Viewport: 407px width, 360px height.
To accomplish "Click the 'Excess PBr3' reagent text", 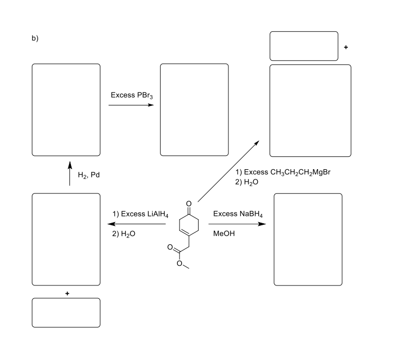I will tap(129, 96).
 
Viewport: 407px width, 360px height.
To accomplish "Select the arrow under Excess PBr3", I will tap(131, 105).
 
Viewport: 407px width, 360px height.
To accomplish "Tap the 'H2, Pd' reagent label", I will tap(89, 175).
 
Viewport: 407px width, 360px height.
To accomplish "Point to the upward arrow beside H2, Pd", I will tap(70, 174).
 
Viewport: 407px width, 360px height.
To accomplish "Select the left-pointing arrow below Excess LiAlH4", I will tap(136, 224).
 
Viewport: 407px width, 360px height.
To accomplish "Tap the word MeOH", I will tap(223, 234).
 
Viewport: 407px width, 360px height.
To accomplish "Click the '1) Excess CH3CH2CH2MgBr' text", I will tap(282, 172).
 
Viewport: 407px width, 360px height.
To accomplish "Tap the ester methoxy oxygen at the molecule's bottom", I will tap(179, 264).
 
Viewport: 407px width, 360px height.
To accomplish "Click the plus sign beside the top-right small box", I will tap(346, 47).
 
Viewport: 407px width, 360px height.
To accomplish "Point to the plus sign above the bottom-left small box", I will tap(66, 293).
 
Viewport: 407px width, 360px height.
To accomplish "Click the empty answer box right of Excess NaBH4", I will tap(308, 239).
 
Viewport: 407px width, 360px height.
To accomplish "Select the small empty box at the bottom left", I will tap(66, 312).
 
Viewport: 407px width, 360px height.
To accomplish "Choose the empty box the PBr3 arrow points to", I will tap(194, 110).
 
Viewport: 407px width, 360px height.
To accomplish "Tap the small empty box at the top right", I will tap(304, 46).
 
